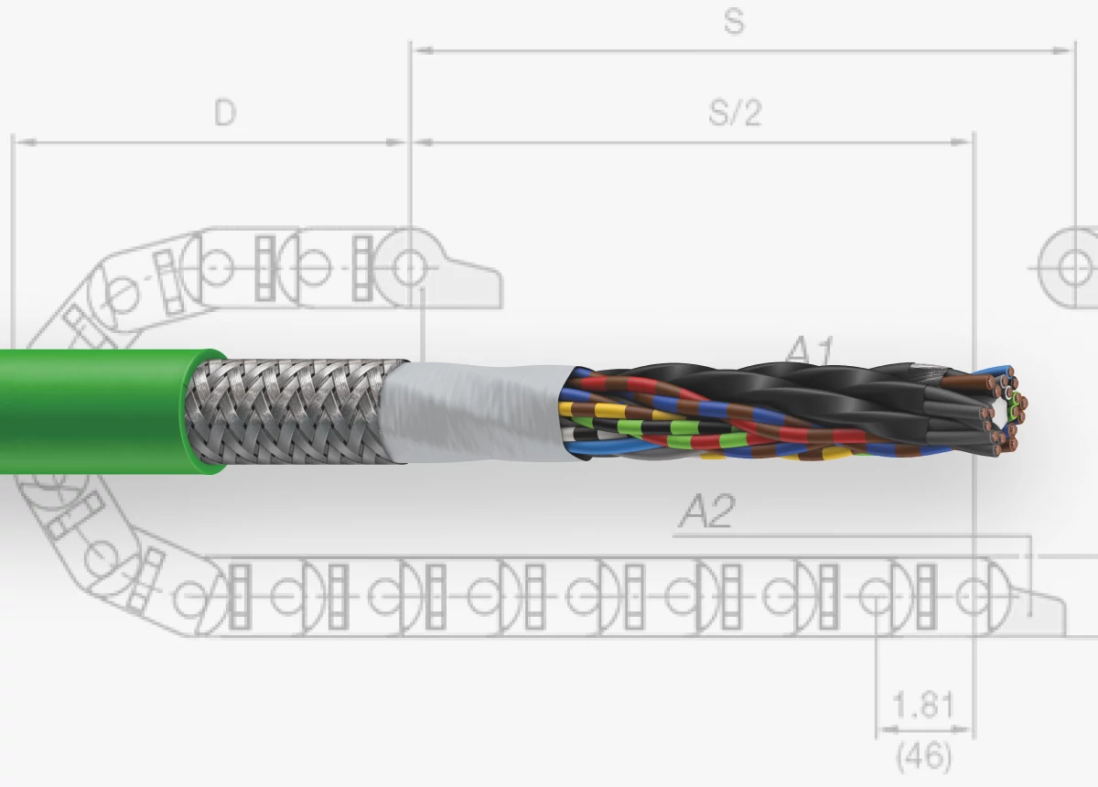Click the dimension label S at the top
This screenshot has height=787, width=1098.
pyautogui.click(x=734, y=22)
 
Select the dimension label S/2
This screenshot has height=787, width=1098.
pyautogui.click(x=735, y=113)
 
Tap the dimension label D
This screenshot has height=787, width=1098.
pyautogui.click(x=224, y=113)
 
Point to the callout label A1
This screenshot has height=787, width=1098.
pyautogui.click(x=811, y=350)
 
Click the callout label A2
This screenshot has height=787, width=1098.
pyautogui.click(x=706, y=512)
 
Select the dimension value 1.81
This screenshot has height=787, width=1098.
pyautogui.click(x=923, y=706)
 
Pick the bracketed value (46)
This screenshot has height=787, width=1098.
pyautogui.click(x=923, y=757)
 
